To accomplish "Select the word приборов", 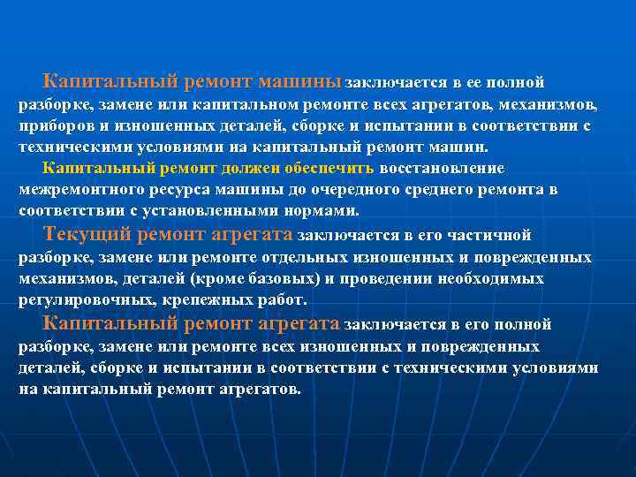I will (55, 126).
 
